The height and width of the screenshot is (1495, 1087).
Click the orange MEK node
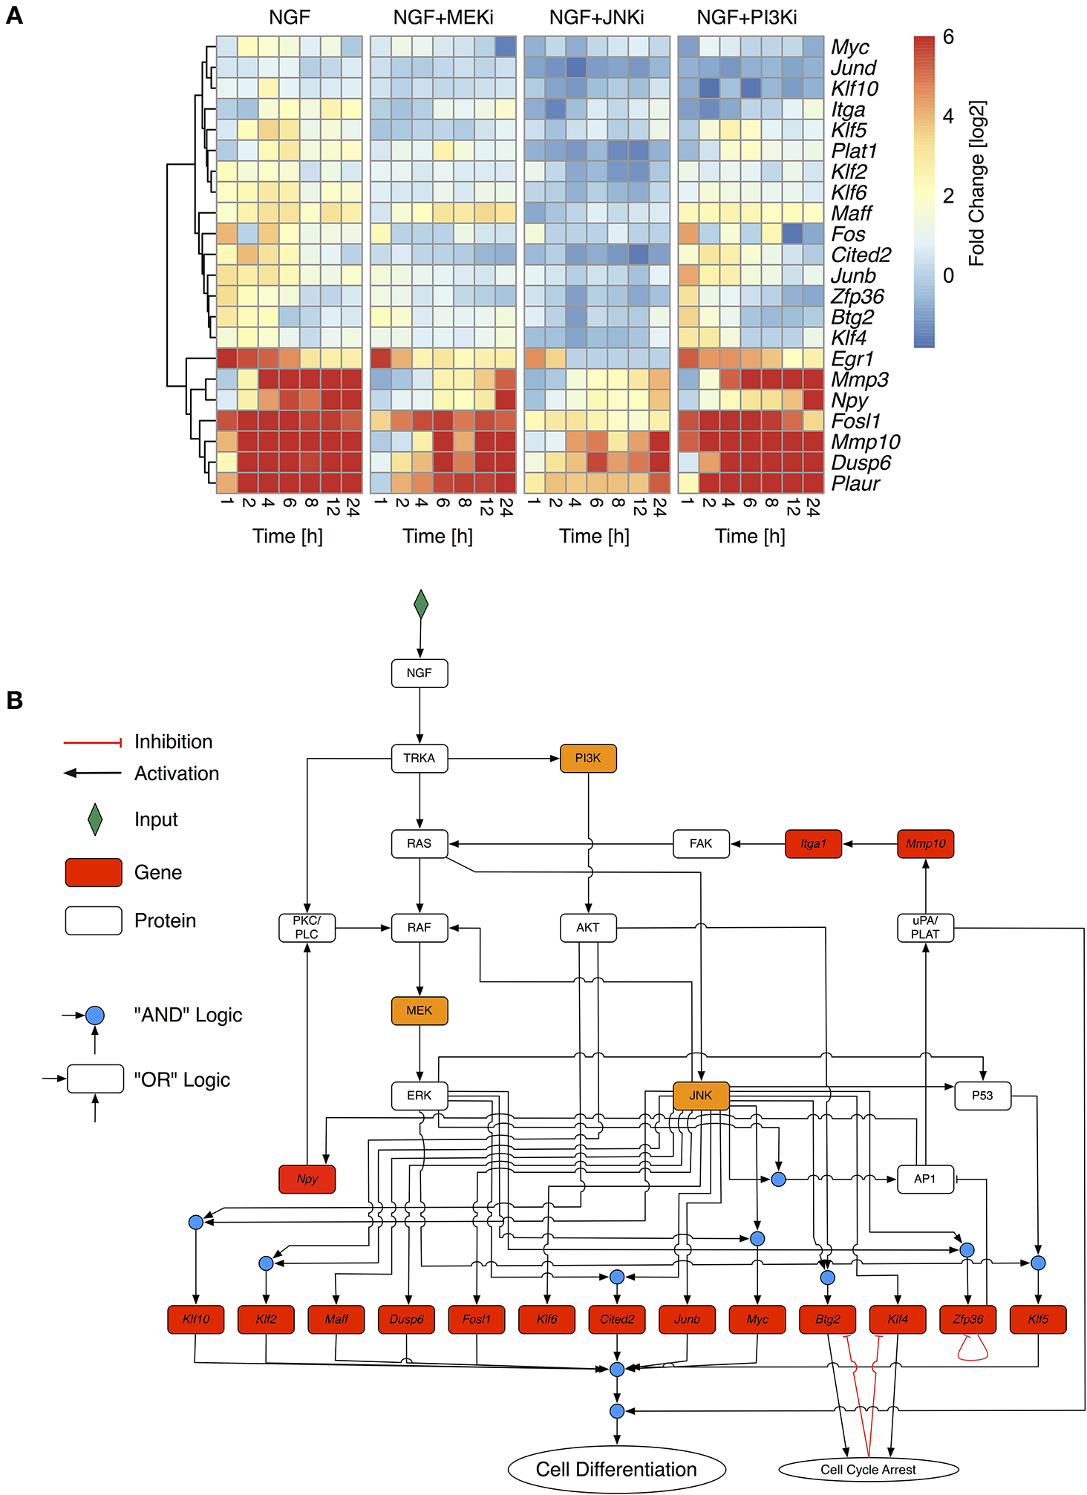coord(419,1010)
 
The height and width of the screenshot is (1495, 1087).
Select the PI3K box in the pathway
coord(587,758)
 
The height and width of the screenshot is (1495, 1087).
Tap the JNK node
coord(700,1096)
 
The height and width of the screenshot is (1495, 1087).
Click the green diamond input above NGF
coord(420,604)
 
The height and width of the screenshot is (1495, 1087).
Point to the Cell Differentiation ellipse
coord(616,1469)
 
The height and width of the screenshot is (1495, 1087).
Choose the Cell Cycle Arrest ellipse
coord(868,1469)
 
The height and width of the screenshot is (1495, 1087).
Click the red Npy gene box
coord(307,1179)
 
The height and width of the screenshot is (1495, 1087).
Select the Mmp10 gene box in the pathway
coord(925,843)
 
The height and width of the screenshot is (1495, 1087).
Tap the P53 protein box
coord(982,1096)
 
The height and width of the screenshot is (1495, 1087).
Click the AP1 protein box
coord(924,1179)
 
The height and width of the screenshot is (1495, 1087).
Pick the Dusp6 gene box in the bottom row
coord(406,1319)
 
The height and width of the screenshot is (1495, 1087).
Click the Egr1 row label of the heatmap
coord(852,359)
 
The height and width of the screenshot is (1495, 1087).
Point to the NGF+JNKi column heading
coord(596,17)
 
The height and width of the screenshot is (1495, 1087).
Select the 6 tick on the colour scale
coord(948,37)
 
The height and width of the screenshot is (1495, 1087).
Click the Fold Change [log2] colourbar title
coord(977,183)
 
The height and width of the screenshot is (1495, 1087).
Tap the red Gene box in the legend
coord(94,872)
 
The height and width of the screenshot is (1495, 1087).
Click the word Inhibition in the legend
coord(173,742)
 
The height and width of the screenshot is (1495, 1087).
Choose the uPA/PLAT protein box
coord(925,927)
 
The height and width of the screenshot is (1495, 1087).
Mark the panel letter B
coord(14,700)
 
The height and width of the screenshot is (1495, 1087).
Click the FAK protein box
coord(700,843)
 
